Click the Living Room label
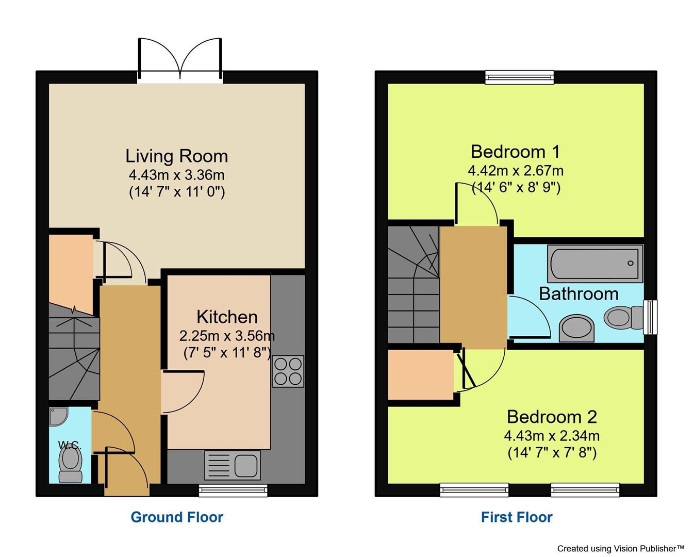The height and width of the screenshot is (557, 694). [x=176, y=156]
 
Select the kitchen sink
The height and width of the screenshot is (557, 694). [x=233, y=465]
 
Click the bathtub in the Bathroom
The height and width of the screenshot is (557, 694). [x=596, y=263]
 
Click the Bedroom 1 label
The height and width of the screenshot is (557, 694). [x=515, y=152]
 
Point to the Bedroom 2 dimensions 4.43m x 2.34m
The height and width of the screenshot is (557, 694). [x=552, y=436]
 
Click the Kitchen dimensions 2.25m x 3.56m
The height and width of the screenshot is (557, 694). [x=227, y=336]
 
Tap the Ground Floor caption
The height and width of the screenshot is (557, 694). [x=177, y=517]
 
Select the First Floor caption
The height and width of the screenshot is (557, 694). [x=517, y=517]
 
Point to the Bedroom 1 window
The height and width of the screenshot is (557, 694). [x=519, y=77]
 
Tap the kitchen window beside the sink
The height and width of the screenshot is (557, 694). [x=233, y=490]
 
